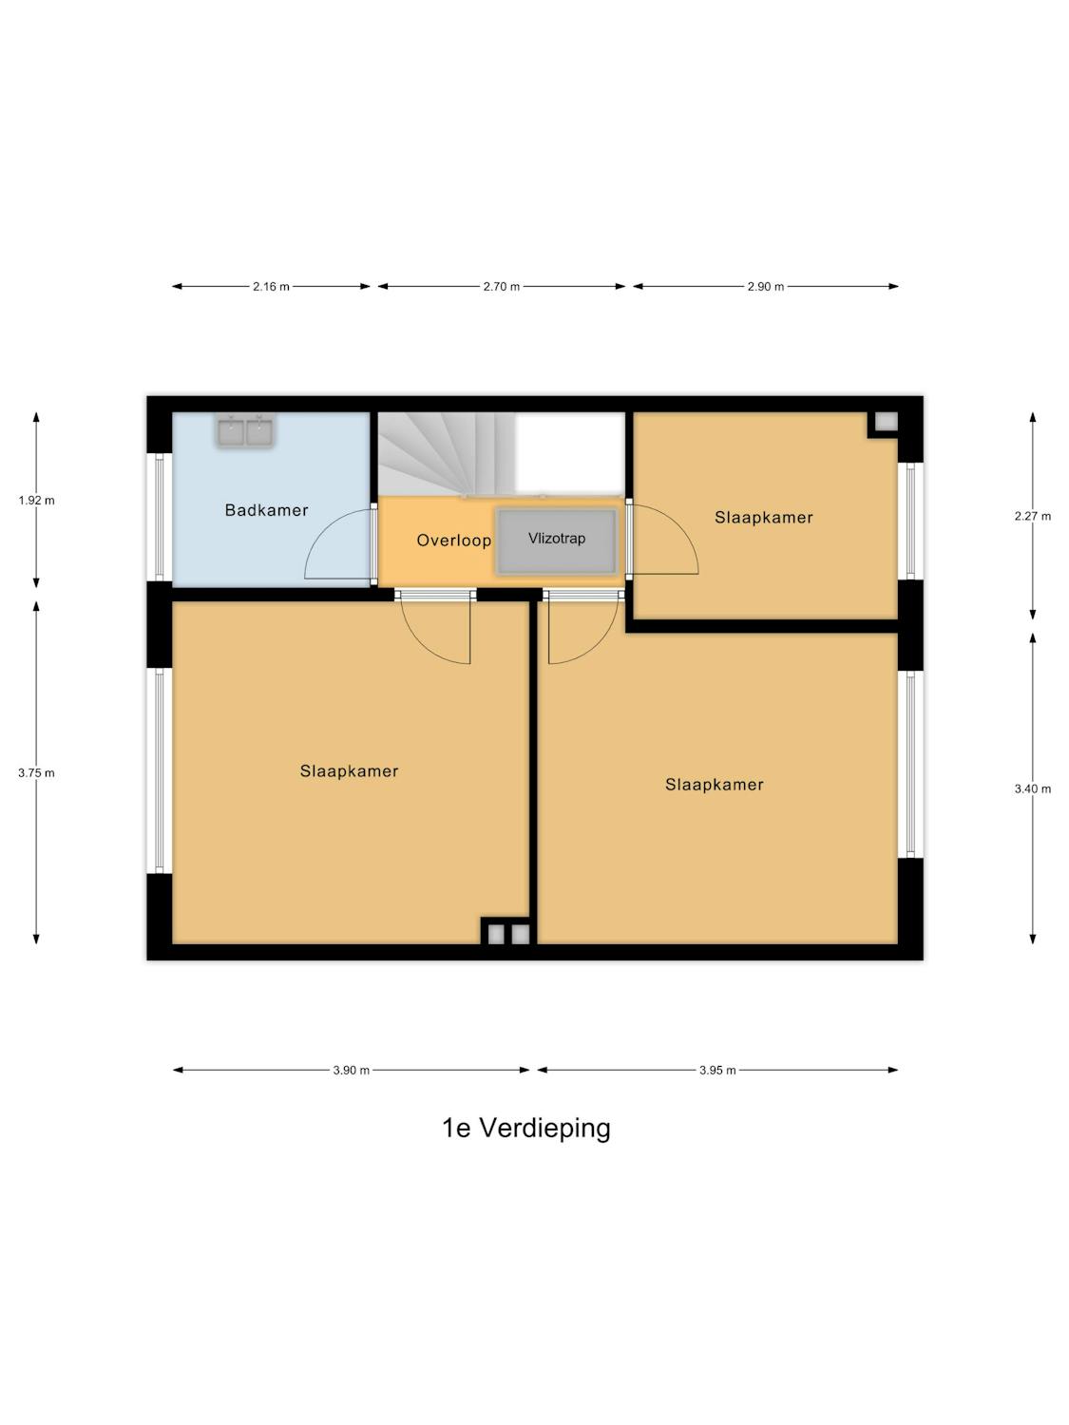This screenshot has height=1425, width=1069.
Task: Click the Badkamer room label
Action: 266,510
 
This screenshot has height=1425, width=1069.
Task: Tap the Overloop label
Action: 453,541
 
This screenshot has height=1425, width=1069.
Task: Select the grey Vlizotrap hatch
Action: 556,541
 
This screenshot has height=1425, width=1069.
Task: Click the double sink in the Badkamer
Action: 245,431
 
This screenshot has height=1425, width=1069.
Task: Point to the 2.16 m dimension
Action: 272,286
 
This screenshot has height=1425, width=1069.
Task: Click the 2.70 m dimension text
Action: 501,286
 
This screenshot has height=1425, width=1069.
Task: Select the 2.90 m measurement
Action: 765,286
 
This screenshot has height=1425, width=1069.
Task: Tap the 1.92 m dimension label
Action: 36,501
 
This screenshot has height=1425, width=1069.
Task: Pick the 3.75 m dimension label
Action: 36,772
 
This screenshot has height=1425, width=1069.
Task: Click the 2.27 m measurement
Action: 1033,516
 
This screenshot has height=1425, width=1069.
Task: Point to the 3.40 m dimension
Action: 1033,788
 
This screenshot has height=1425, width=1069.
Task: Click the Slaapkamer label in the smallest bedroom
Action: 764,518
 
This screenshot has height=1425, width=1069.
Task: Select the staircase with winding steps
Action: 448,454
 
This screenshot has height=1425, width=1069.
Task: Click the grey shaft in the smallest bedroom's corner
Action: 886,422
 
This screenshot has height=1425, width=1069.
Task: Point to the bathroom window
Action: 160,517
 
